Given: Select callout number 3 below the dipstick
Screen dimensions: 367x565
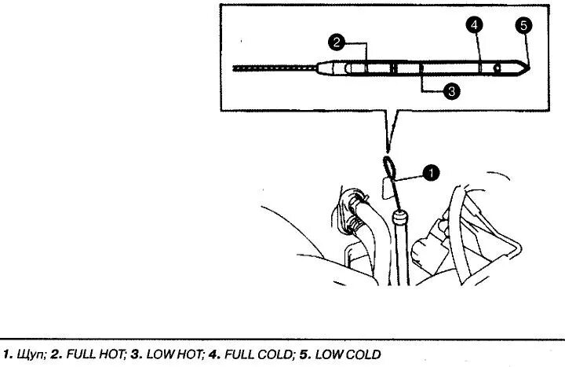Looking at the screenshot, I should (450, 92).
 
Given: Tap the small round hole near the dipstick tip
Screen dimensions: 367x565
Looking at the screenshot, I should (497, 69).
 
